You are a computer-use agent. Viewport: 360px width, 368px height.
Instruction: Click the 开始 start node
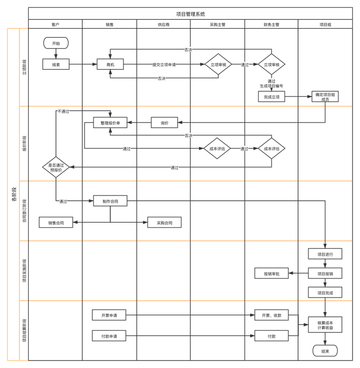[x=55, y=44]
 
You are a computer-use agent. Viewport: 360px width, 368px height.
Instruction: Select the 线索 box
[x=55, y=64]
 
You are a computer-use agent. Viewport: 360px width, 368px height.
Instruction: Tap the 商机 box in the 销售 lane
[x=110, y=64]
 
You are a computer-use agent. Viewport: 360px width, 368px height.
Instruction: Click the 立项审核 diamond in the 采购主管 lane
[x=218, y=64]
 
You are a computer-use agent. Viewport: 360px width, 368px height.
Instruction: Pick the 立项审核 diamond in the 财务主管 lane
[x=271, y=64]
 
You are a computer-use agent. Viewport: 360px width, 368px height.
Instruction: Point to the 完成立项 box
[x=271, y=97]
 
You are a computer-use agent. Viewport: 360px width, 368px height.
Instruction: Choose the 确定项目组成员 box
[x=325, y=97]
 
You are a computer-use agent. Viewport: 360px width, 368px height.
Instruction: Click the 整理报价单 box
[x=110, y=123]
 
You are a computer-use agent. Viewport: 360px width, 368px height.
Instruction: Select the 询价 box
[x=164, y=123]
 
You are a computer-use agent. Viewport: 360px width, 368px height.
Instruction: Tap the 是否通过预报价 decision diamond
[x=55, y=167]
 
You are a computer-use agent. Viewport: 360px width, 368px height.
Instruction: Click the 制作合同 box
[x=110, y=201]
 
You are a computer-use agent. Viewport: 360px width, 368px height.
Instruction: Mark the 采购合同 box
[x=164, y=223]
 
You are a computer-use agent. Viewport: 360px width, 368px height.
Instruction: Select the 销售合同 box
[x=55, y=223]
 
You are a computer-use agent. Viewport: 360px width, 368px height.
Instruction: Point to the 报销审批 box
[x=271, y=273]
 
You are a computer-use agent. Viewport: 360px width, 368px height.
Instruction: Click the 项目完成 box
[x=325, y=293]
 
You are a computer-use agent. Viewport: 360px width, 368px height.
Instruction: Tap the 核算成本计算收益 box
[x=325, y=325]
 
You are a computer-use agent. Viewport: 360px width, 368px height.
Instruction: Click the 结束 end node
[x=325, y=351]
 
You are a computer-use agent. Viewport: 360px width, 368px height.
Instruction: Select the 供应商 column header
[x=163, y=24]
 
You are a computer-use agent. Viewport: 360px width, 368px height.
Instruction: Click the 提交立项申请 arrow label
[x=163, y=64]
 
